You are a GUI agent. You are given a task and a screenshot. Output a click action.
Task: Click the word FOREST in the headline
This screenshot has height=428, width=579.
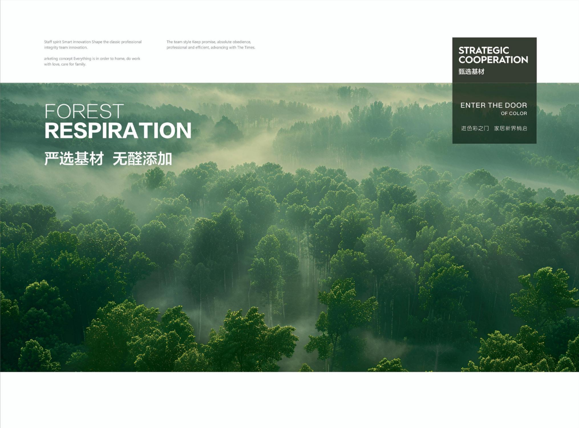coord(84,111)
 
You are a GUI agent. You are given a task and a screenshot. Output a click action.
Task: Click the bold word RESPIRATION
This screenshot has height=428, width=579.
coord(118,130)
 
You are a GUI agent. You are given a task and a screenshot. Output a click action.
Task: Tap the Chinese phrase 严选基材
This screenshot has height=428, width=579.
coord(74,159)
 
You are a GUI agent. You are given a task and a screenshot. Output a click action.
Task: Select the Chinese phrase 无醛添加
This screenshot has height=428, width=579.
coord(142,159)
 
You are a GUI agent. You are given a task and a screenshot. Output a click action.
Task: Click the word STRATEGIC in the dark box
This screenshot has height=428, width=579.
coord(484,50)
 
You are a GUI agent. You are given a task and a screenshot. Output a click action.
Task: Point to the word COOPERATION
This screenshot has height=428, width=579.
coord(493,60)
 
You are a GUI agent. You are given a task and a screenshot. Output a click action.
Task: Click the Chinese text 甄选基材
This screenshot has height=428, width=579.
coord(472,72)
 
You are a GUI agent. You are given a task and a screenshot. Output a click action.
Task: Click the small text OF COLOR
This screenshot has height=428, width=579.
coord(514,114)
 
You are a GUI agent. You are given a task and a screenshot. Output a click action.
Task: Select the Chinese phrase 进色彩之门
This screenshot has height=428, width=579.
coord(475,128)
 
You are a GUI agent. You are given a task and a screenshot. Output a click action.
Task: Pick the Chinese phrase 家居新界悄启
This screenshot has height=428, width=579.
coord(511,128)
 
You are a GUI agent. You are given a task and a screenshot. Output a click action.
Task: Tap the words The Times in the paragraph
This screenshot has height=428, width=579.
coord(246,47)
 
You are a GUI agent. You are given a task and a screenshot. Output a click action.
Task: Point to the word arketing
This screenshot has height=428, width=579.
coord(51,59)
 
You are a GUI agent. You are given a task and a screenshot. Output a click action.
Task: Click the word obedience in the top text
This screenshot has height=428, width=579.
coord(241,42)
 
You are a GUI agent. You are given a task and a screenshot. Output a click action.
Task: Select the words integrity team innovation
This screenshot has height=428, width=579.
coord(66,47)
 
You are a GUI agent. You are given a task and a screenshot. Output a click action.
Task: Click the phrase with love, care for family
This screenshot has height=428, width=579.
coord(65,64)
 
